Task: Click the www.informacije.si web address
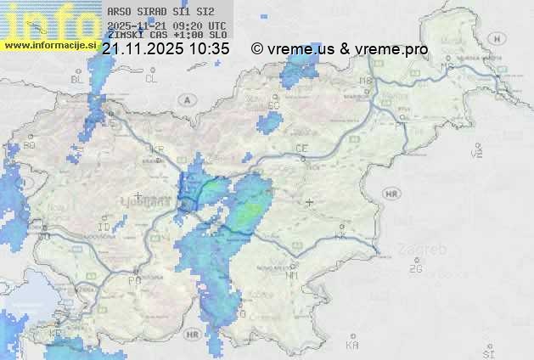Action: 50,45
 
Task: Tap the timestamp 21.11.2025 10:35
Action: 166,49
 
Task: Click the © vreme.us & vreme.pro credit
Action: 340,49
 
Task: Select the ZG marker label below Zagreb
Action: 416,269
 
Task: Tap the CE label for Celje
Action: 301,149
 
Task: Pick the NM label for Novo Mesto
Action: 293,276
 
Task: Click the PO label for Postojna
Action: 134,280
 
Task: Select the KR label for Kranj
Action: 156,149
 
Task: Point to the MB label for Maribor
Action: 366,81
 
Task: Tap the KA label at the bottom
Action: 353,346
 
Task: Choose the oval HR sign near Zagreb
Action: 391,194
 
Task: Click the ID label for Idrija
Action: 104,228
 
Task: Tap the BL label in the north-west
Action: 77,79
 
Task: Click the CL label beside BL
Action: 151,78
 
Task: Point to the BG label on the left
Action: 30,145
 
